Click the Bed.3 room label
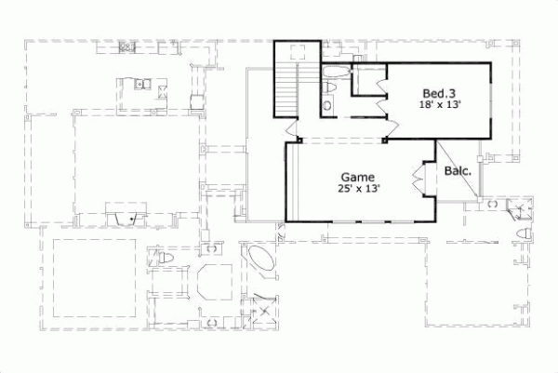coord(438,93)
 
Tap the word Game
coord(357,176)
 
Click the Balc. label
coord(457,171)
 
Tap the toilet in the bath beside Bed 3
coord(330,87)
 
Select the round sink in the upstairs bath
coord(327,106)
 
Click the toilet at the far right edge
coord(525,233)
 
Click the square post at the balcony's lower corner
coord(477,199)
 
